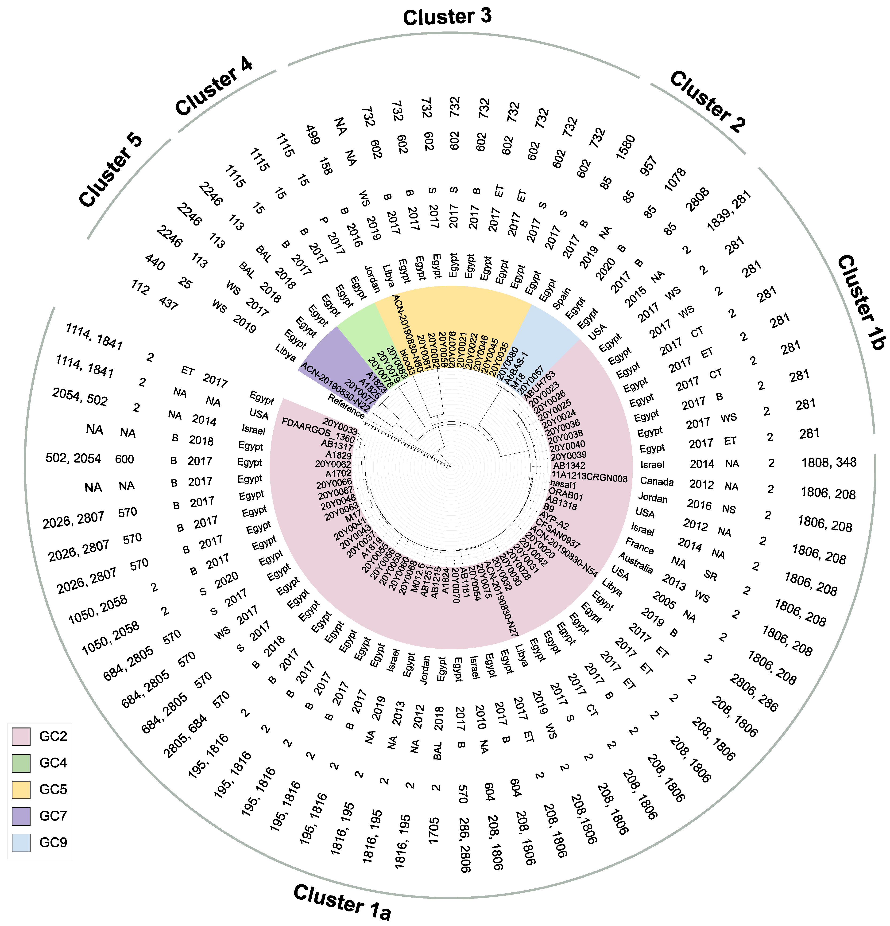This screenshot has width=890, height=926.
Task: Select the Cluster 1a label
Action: click(342, 902)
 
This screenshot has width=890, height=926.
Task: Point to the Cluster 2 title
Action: click(707, 101)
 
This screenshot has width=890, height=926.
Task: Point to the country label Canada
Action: click(657, 481)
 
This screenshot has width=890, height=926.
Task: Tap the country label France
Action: click(640, 546)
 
